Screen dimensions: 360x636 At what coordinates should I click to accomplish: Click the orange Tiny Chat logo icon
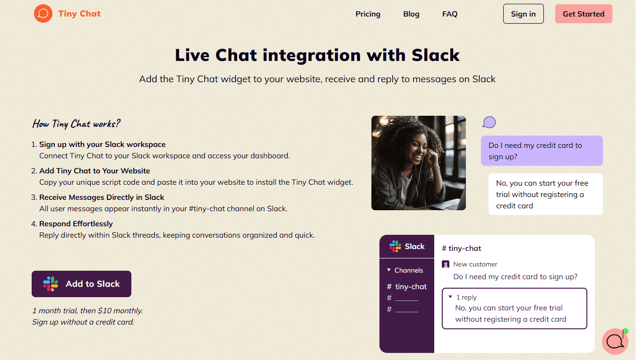click(43, 14)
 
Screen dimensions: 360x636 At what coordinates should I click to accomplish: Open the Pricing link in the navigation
click(368, 14)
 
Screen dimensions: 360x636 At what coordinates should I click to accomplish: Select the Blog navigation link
click(411, 14)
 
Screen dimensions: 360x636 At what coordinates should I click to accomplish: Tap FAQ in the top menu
click(449, 14)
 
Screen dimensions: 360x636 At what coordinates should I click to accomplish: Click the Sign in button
click(523, 14)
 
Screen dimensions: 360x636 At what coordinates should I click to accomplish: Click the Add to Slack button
click(81, 284)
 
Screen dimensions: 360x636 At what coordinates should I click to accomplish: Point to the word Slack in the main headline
click(435, 55)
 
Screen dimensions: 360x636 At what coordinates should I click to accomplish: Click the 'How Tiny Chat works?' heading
click(76, 124)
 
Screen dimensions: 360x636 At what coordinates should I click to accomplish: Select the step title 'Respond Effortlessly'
click(76, 224)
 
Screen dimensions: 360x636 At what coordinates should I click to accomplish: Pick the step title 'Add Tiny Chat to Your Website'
click(95, 171)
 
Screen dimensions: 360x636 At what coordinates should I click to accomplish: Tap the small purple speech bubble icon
click(489, 123)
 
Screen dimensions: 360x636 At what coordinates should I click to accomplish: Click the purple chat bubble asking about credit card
click(541, 151)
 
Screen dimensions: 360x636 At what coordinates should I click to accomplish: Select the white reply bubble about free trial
click(545, 194)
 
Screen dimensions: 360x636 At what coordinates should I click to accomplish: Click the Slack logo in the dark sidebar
click(395, 246)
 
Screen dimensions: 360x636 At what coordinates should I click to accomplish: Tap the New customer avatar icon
click(446, 265)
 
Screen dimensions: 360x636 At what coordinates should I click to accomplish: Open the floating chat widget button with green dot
click(615, 341)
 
